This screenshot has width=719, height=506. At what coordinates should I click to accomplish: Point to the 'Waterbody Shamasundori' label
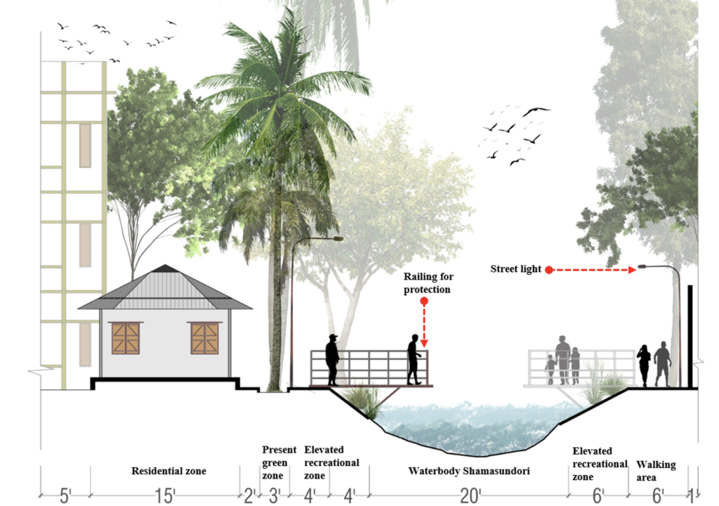coord(469,471)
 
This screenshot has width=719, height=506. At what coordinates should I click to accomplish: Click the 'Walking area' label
coord(656,471)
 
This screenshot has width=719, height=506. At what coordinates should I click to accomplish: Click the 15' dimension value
coord(166,496)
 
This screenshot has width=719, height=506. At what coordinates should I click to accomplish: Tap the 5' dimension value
coord(65,496)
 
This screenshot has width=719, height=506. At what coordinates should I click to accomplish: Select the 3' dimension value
coord(275,496)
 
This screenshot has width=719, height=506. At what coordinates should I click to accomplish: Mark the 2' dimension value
coord(249,496)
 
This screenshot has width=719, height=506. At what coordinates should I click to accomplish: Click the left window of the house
coord(125,338)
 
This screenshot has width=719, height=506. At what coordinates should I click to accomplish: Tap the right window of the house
coord(204,338)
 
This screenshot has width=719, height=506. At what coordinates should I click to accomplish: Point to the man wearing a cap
coord(332,359)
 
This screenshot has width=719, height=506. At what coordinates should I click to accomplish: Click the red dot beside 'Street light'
coord(549,269)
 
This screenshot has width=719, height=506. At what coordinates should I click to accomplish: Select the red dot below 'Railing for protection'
coord(423,302)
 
